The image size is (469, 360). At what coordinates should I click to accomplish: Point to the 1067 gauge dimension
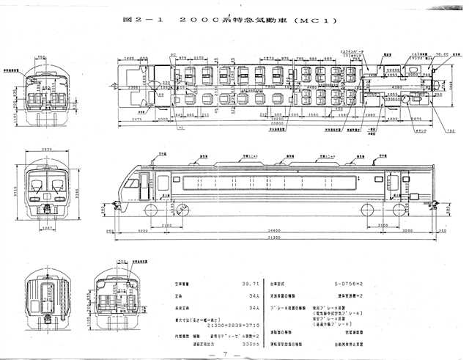coord(46,227)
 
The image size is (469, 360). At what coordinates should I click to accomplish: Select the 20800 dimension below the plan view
coord(272,124)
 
